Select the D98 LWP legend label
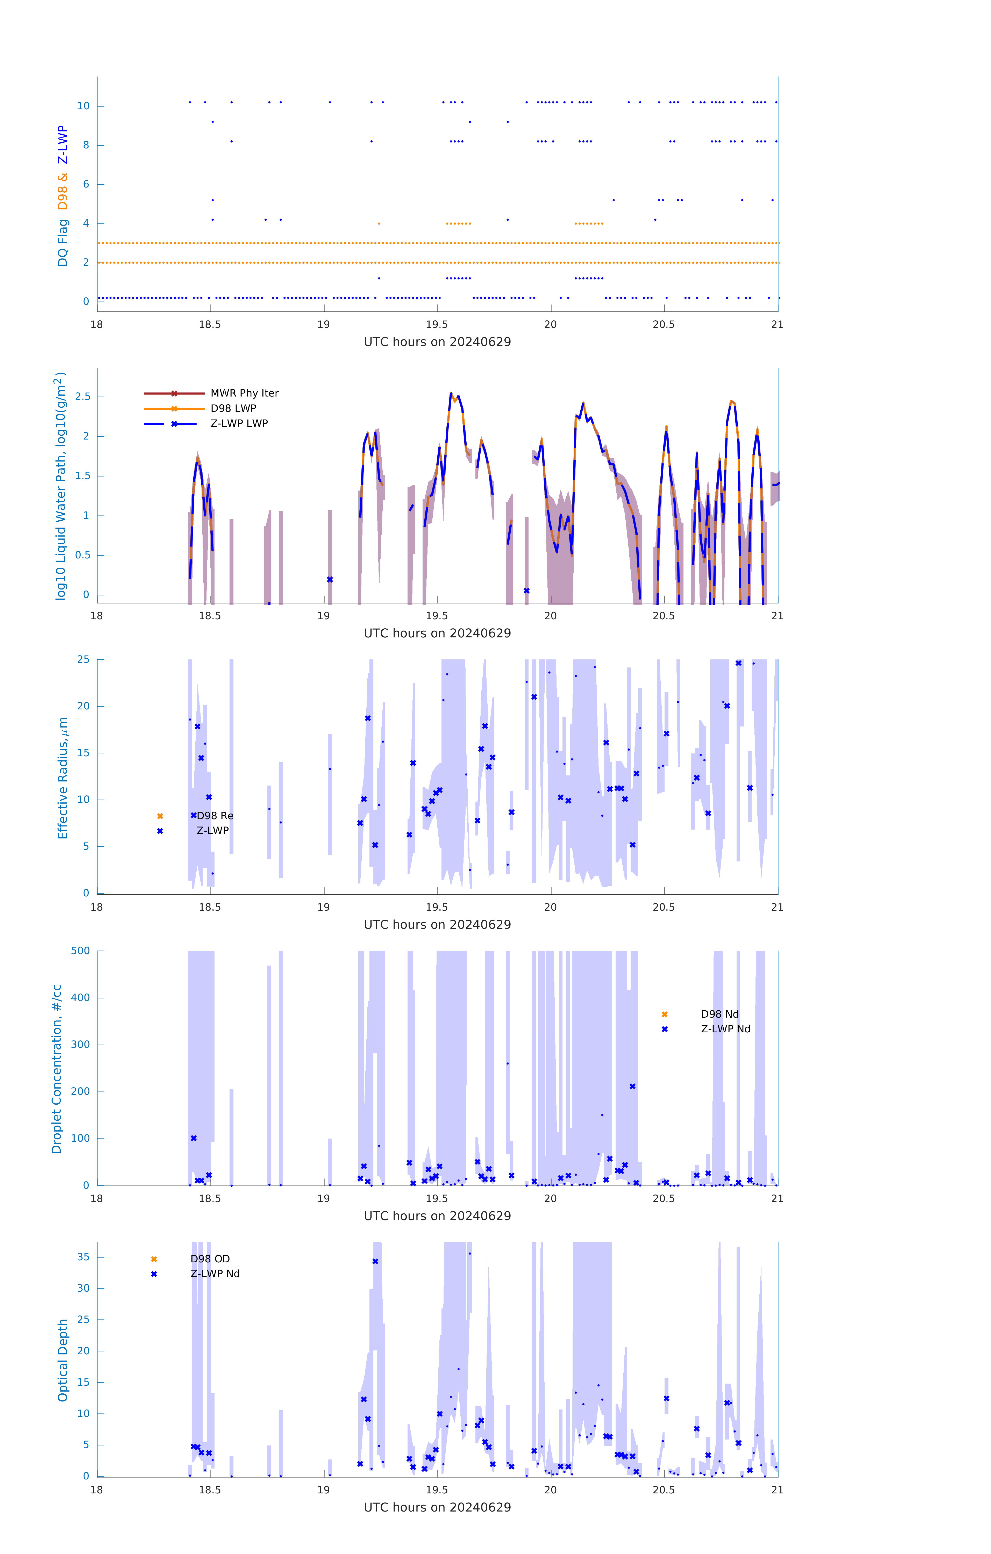pyautogui.click(x=233, y=408)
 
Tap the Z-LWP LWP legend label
pyautogui.click(x=239, y=423)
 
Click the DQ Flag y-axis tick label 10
pyautogui.click(x=83, y=106)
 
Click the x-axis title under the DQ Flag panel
pyautogui.click(x=437, y=342)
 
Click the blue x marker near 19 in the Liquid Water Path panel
pyautogui.click(x=330, y=580)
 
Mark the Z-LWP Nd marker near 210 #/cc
pyautogui.click(x=633, y=1086)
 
